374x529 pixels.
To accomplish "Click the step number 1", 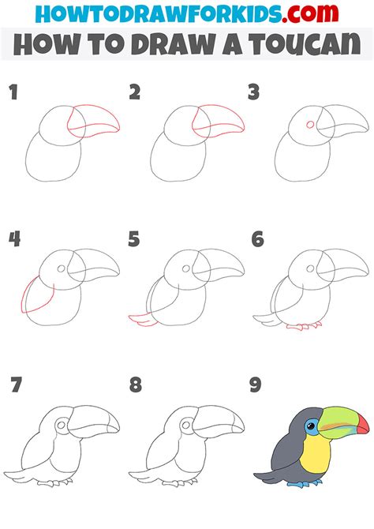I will (x=13, y=92).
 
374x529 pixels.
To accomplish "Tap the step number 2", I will (x=134, y=92).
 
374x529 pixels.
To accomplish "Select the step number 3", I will (x=253, y=92).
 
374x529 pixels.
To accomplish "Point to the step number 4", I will (x=13, y=238).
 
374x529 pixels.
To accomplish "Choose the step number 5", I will (x=134, y=238).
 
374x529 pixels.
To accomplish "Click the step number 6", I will (x=256, y=238).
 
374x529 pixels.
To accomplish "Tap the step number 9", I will (x=256, y=385).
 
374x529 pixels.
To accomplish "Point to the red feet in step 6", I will (x=304, y=325).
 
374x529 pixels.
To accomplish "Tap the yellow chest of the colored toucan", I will (x=314, y=454).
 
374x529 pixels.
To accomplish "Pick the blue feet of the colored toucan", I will (x=304, y=481).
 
